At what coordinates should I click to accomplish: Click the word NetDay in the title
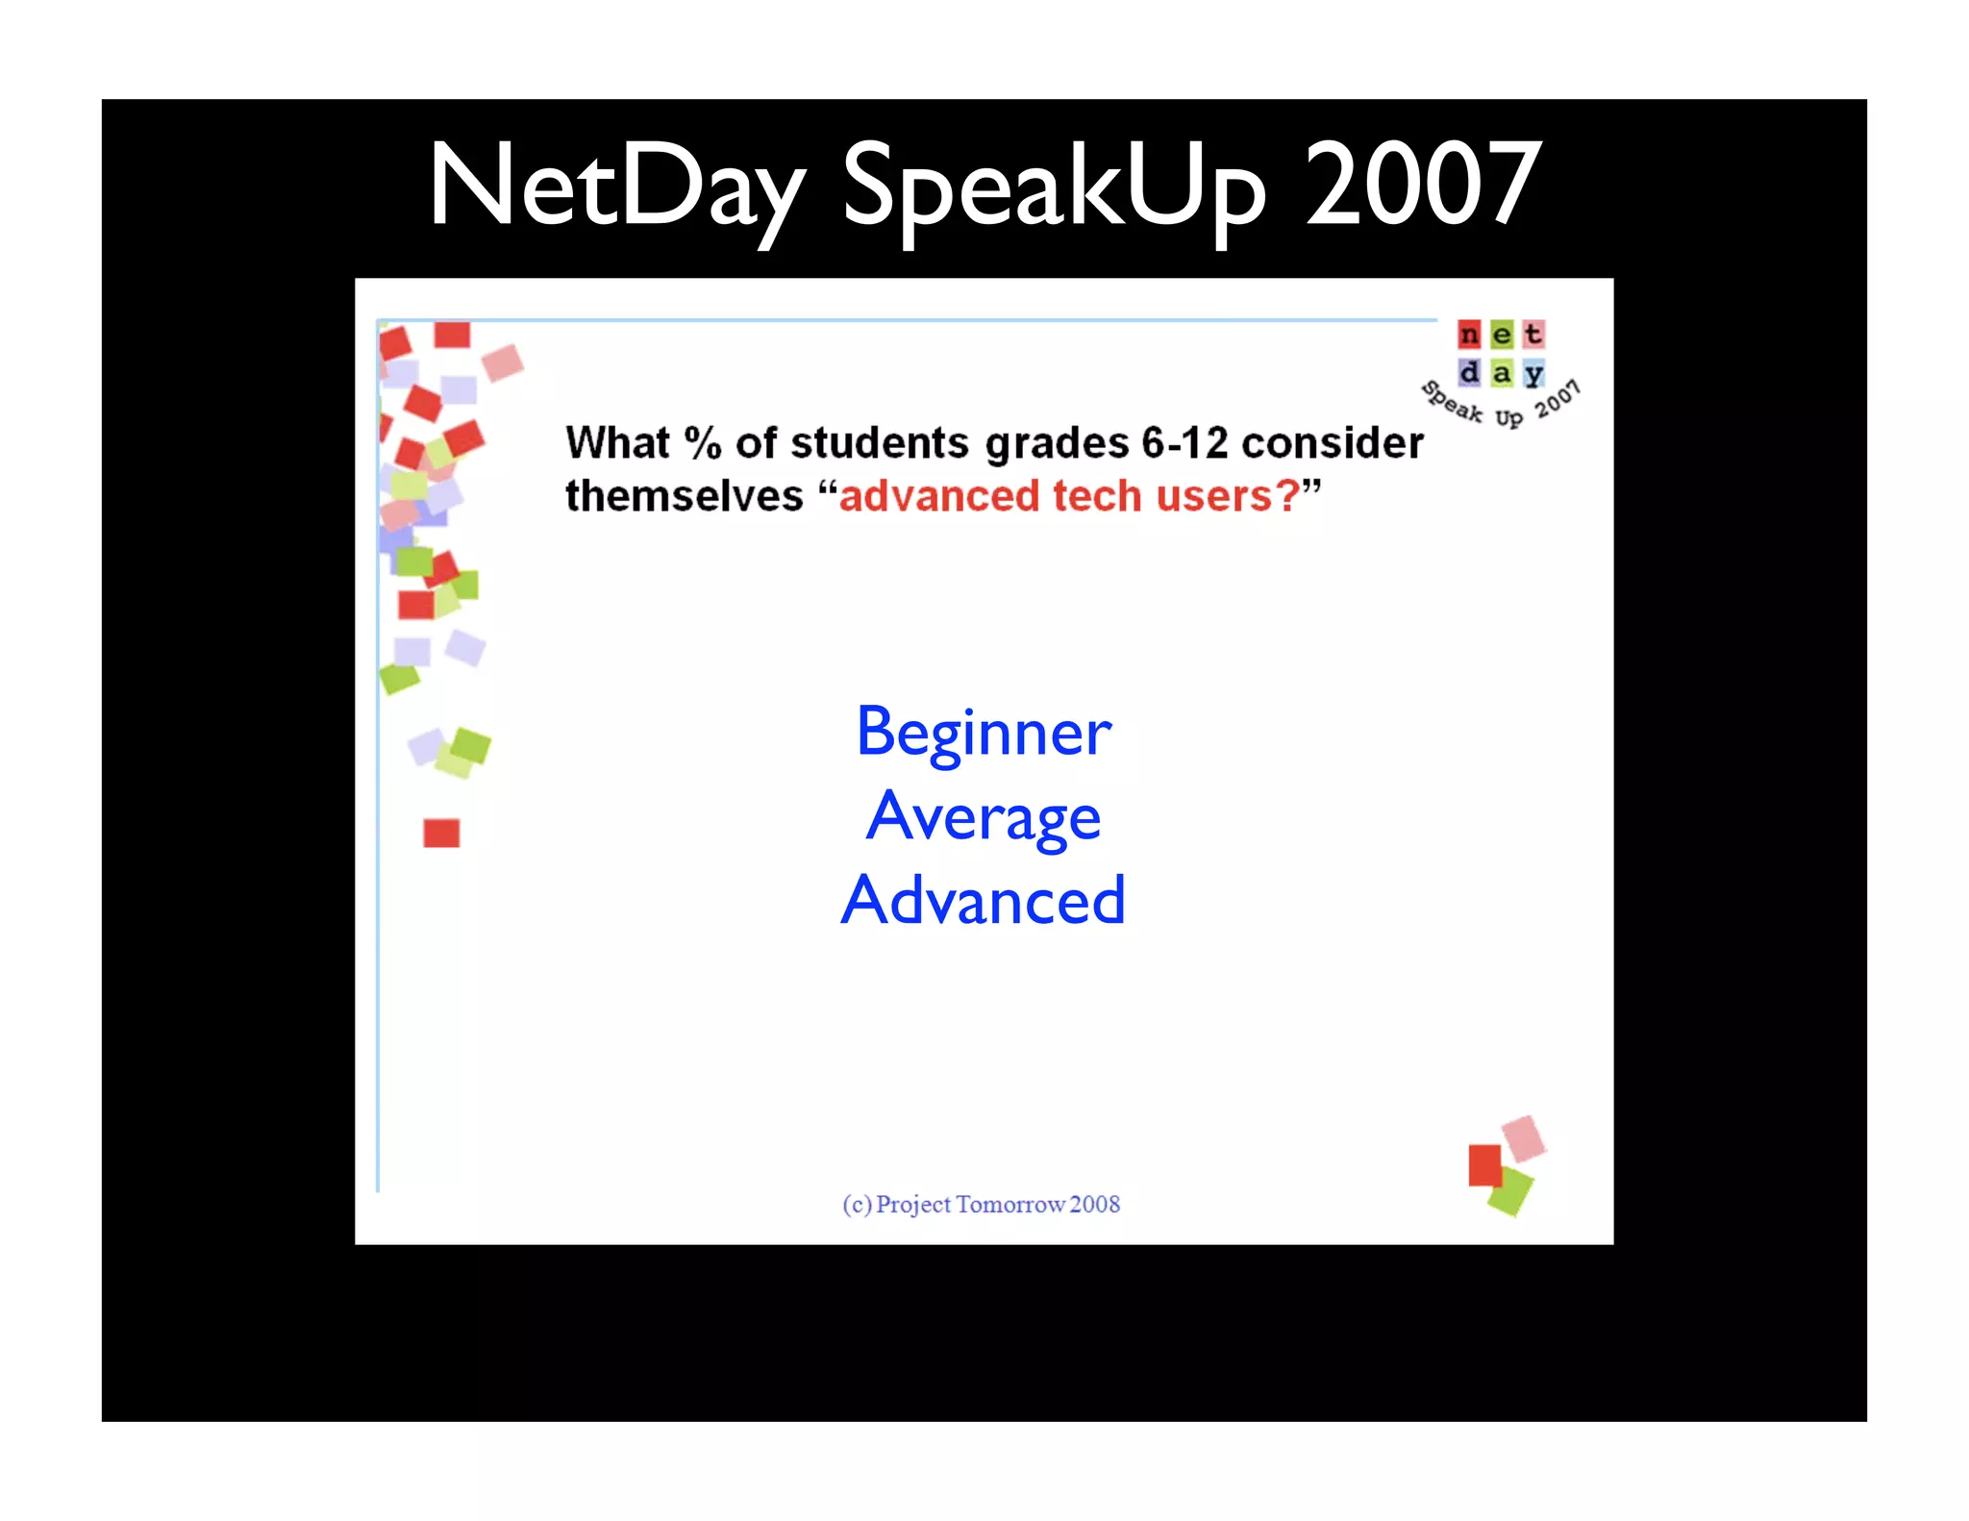point(616,185)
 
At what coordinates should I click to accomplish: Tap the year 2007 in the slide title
point(1422,185)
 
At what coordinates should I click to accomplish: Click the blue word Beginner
point(984,733)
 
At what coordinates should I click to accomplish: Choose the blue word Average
point(984,817)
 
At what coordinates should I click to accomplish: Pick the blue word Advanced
point(984,901)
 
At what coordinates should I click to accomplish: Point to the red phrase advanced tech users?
point(1068,496)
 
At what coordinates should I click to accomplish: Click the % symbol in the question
point(702,443)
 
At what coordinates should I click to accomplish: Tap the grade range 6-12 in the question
point(1184,443)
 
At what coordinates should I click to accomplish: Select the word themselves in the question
point(684,496)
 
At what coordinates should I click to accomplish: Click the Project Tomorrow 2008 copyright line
point(982,1204)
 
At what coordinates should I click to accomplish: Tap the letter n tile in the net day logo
point(1469,335)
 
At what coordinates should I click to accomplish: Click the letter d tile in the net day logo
point(1469,372)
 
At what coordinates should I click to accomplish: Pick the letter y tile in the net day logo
point(1533,373)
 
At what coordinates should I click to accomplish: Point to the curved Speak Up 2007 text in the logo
point(1501,407)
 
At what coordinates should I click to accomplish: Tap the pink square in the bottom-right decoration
point(1524,1137)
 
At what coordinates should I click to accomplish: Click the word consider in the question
point(1333,443)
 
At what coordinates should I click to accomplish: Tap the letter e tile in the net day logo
point(1502,335)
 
